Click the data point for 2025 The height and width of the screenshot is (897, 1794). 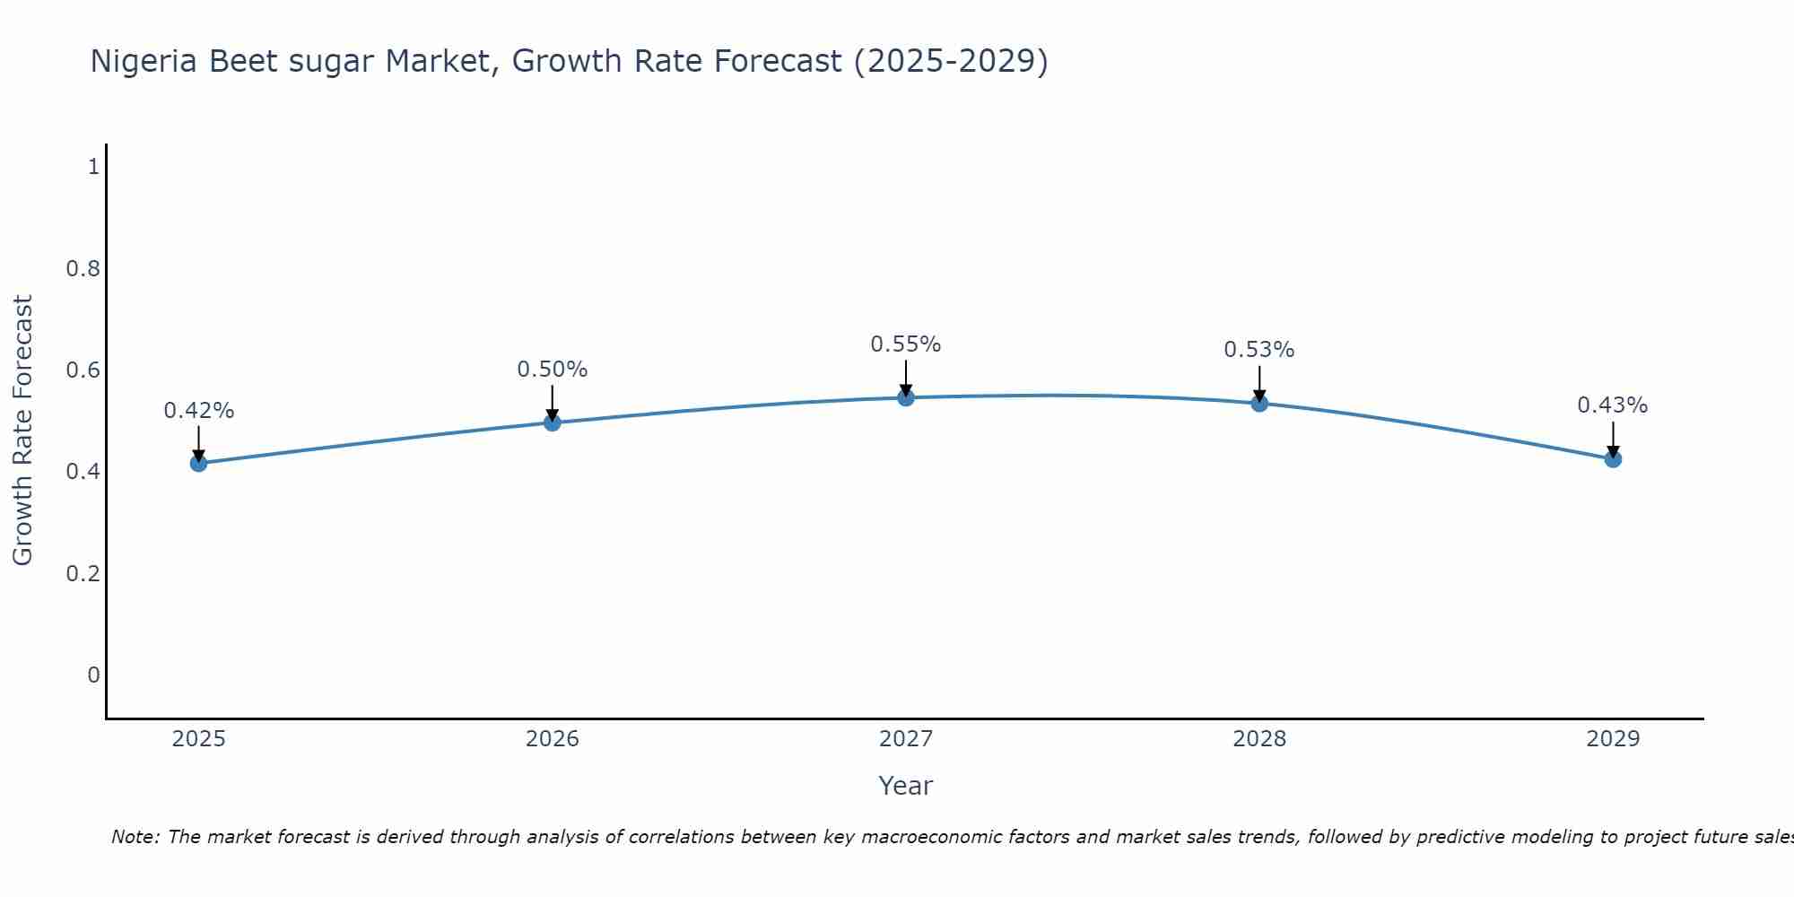[x=198, y=463]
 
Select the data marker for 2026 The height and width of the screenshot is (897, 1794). [x=553, y=422]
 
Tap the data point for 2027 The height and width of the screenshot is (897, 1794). [x=906, y=397]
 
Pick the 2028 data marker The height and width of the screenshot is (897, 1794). [x=1259, y=403]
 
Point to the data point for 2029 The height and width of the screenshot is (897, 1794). [x=1613, y=459]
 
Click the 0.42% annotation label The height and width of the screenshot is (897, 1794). [x=198, y=411]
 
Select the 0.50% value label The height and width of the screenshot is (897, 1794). [x=553, y=370]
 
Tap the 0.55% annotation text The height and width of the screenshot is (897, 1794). [x=906, y=344]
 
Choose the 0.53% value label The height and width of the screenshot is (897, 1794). [x=1259, y=350]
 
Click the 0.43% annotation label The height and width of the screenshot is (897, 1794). [x=1613, y=405]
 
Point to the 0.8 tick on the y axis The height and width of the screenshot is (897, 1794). [x=83, y=268]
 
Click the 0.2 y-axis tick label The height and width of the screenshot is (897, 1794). [x=83, y=573]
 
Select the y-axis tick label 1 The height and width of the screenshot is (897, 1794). [x=93, y=167]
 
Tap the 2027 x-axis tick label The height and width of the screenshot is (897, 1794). [x=906, y=739]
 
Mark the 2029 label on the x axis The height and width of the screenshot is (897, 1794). [x=1613, y=739]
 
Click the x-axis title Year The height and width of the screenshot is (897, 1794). [x=906, y=786]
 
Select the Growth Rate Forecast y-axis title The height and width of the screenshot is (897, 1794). [x=22, y=431]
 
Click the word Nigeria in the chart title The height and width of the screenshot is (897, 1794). [x=144, y=61]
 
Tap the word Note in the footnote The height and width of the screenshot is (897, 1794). [x=135, y=837]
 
